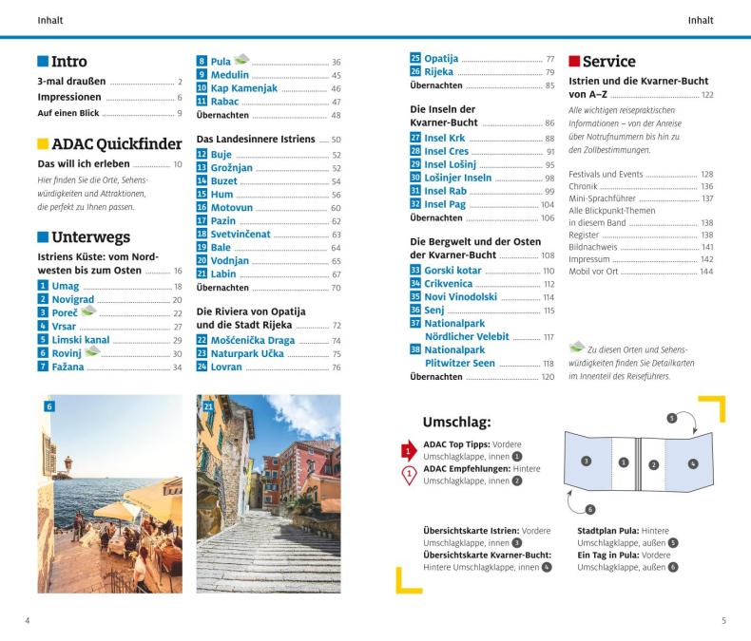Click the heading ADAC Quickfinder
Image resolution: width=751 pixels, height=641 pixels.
(x=116, y=144)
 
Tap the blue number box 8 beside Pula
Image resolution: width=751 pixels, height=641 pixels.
(x=202, y=62)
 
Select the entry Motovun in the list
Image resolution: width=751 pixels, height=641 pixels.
(x=233, y=208)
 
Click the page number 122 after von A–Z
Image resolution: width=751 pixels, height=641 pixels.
(x=706, y=95)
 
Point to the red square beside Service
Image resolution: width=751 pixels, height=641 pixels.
(x=573, y=62)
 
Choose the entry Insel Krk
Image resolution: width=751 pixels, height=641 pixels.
(x=445, y=138)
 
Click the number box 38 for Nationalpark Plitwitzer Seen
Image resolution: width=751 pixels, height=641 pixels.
(x=415, y=349)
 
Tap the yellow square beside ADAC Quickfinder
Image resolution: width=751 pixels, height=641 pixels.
(x=43, y=144)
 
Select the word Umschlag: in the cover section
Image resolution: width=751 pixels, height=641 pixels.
(x=456, y=422)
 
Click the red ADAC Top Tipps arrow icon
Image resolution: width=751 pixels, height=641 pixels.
(x=409, y=450)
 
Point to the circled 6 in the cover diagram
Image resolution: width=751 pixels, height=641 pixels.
(x=589, y=509)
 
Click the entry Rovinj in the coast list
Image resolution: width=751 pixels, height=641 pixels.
(x=67, y=352)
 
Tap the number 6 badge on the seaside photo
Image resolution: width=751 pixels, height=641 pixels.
(x=49, y=405)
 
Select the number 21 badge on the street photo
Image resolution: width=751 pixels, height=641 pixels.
(x=208, y=405)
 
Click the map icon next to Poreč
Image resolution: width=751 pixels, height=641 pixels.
(x=88, y=311)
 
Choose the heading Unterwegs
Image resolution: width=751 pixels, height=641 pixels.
(x=91, y=237)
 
